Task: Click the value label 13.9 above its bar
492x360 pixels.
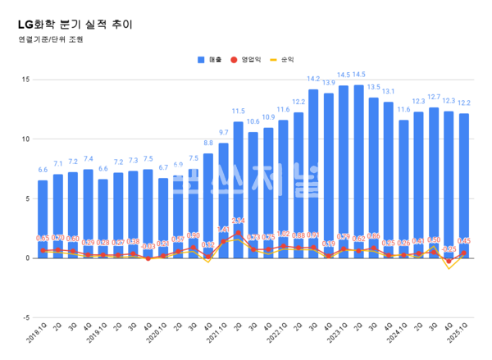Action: (x=328, y=83)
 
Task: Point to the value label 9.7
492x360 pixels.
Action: (x=223, y=132)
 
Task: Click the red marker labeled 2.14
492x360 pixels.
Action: (x=239, y=233)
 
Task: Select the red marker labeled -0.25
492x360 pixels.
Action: (x=449, y=261)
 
